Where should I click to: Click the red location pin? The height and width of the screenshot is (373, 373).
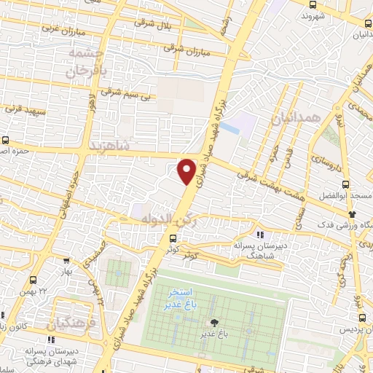point(186,170)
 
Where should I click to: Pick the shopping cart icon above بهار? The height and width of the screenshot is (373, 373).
point(67,260)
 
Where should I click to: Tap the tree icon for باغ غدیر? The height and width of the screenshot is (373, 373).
point(213,323)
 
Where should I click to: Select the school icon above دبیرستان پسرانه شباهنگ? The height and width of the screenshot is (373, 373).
point(260,234)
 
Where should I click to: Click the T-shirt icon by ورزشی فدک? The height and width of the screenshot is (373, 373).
point(352,214)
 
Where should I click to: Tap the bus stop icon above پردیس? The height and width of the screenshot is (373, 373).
point(362,318)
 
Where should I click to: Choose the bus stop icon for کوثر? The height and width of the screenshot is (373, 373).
point(173,237)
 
